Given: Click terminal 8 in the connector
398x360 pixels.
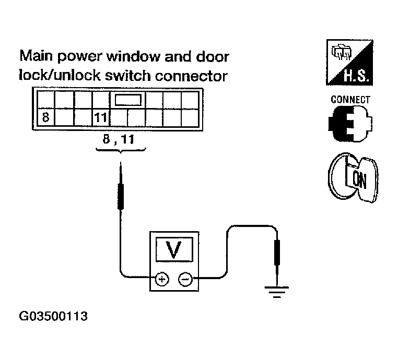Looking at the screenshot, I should pos(45,117).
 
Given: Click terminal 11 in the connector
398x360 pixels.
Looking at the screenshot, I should pos(100,117).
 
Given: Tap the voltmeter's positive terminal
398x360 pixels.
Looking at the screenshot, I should pos(161,280).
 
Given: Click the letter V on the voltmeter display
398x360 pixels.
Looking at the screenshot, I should pos(173,251).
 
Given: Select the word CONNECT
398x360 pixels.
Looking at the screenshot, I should pos(350,100).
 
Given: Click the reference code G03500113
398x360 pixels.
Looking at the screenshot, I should pos(53,316).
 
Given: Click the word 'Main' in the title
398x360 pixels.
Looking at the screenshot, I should pos(35,56).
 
